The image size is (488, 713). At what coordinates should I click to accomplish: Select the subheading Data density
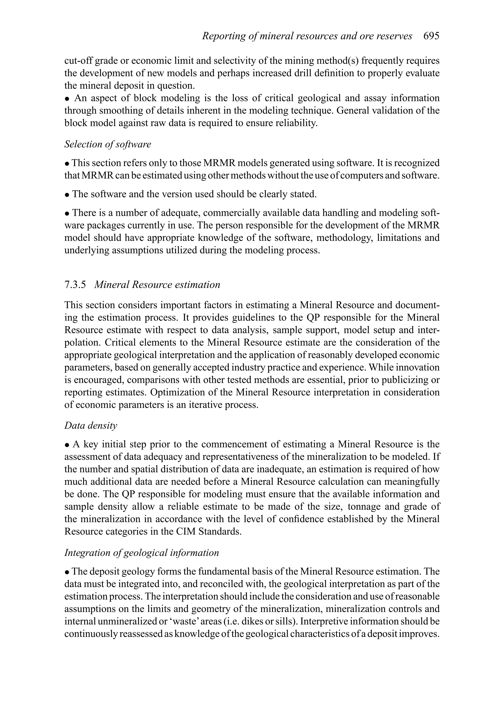click(x=91, y=425)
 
